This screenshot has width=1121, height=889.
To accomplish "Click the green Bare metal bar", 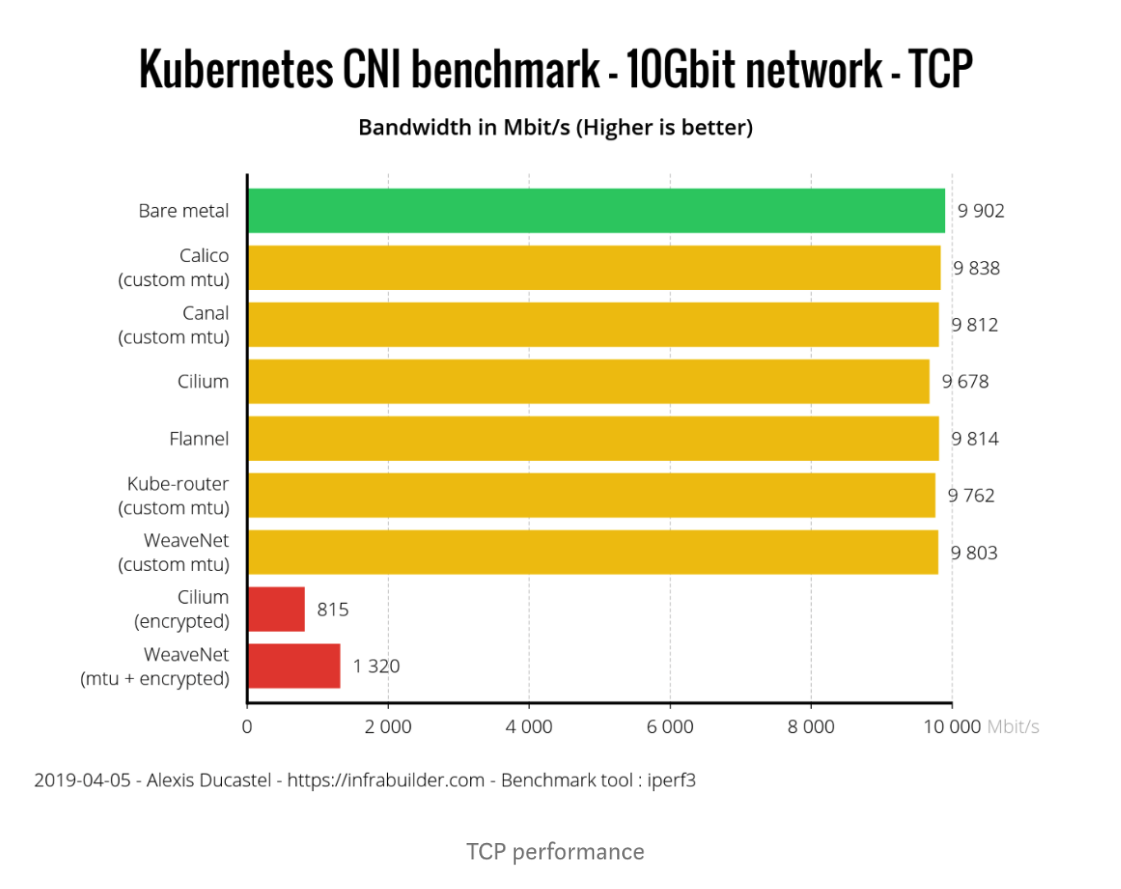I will pyautogui.click(x=596, y=210).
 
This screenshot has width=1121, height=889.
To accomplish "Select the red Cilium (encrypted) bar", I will pyautogui.click(x=276, y=609).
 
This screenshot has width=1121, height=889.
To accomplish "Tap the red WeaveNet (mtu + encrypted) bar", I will pyautogui.click(x=293, y=666).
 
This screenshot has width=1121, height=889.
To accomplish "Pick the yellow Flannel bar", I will pyautogui.click(x=593, y=439).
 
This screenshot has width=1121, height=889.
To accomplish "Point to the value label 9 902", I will pyautogui.click(x=980, y=211).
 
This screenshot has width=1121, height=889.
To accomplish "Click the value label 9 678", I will pyautogui.click(x=965, y=381).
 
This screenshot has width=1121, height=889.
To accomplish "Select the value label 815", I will pyautogui.click(x=333, y=610).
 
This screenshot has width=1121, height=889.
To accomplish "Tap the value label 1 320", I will pyautogui.click(x=376, y=666).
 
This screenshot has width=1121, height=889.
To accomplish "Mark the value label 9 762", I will pyautogui.click(x=971, y=495).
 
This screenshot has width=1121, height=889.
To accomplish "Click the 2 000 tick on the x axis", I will pyautogui.click(x=388, y=727).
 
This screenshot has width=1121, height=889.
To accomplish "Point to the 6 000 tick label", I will pyautogui.click(x=670, y=727).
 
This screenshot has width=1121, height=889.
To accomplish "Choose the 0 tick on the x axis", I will pyautogui.click(x=247, y=727).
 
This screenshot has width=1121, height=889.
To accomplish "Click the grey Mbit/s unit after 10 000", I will pyautogui.click(x=1013, y=727).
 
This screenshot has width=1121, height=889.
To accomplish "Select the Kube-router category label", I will pyautogui.click(x=178, y=484).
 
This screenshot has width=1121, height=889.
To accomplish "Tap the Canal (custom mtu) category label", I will pyautogui.click(x=174, y=325).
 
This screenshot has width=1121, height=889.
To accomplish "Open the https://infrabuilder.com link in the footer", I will pyautogui.click(x=385, y=781).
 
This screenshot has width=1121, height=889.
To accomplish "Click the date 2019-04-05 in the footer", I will pyautogui.click(x=82, y=781).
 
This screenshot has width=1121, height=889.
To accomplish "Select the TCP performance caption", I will pyautogui.click(x=555, y=852).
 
